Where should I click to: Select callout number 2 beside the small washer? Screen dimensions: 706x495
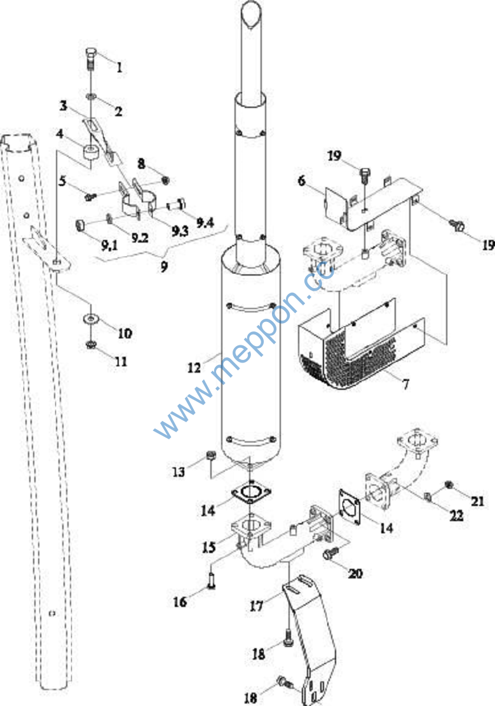(118, 110)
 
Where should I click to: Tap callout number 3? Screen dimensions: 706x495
(64, 106)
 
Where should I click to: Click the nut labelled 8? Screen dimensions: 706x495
(165, 180)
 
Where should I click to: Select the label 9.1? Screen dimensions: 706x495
(96, 242)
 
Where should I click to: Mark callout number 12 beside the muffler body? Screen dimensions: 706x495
(194, 366)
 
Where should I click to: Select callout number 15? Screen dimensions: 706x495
(209, 545)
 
